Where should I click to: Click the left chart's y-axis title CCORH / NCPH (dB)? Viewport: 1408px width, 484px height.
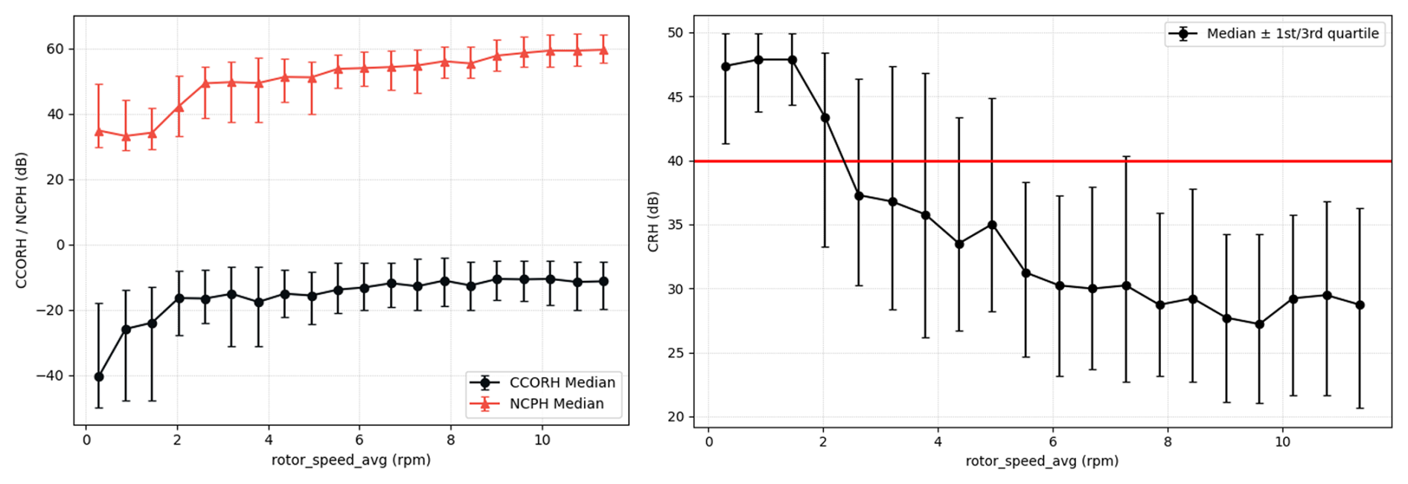22,220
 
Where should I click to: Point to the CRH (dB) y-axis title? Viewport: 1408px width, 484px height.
653,222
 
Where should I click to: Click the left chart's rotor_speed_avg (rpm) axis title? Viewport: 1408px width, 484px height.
351,460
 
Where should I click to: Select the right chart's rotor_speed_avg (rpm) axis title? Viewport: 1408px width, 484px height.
1042,461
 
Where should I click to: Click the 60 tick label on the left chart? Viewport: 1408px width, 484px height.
56,49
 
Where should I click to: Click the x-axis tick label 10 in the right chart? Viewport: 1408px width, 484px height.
1282,441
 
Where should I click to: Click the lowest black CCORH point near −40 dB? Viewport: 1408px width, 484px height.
99,377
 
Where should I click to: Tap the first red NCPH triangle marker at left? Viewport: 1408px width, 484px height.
99,132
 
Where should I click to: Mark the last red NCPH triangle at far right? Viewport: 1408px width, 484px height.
604,51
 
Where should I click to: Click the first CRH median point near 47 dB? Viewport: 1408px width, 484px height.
726,66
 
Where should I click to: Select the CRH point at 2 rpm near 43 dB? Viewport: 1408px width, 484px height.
825,117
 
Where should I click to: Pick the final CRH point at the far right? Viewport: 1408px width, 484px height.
1360,305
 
